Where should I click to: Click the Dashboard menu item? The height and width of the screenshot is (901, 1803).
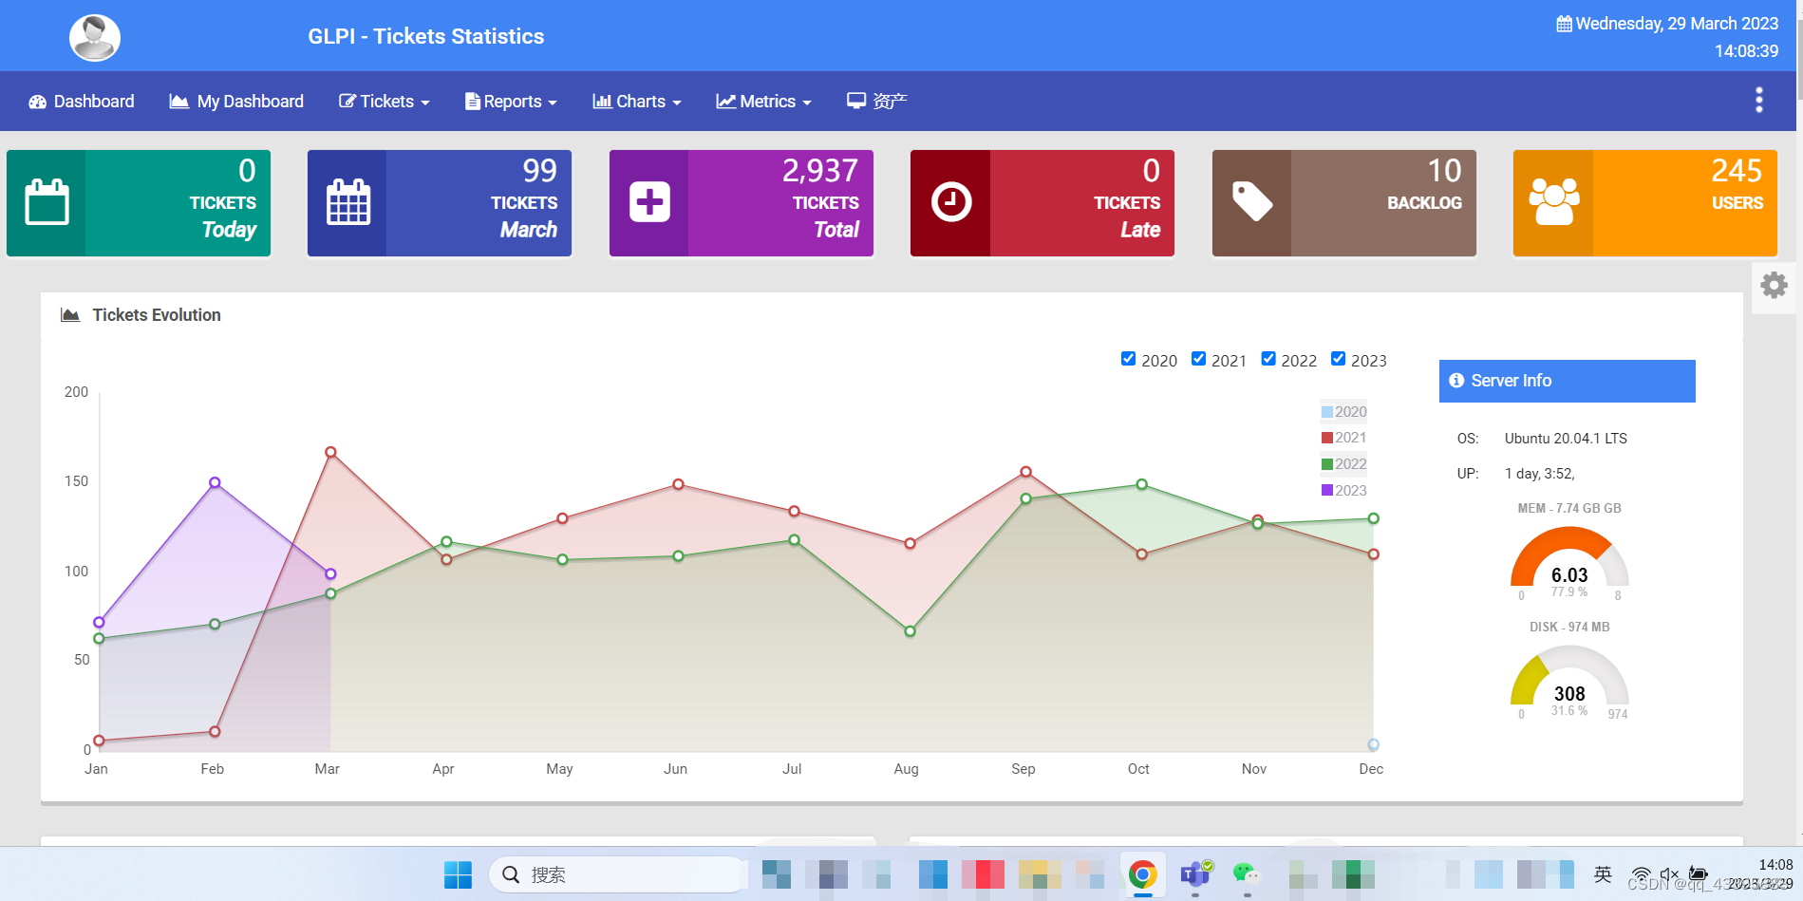tap(82, 102)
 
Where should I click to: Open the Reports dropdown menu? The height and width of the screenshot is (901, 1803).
tap(511, 102)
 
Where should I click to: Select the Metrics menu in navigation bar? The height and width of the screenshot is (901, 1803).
tap(763, 102)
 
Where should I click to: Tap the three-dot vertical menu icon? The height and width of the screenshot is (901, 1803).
tap(1758, 100)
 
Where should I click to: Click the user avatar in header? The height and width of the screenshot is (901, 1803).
tap(95, 38)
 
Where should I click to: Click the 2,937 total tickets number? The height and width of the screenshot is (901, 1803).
tap(819, 171)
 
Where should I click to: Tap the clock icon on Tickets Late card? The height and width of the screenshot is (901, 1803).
tap(950, 202)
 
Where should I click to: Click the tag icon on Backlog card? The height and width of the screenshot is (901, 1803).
tap(1251, 202)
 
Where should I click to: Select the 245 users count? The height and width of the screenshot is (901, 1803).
tap(1736, 171)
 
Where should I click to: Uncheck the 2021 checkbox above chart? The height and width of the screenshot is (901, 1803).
tap(1198, 359)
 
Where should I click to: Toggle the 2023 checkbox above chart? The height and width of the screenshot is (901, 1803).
tap(1338, 359)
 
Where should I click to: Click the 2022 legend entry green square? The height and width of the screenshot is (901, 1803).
tap(1327, 464)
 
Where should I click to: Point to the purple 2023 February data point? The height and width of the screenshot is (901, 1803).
tap(215, 482)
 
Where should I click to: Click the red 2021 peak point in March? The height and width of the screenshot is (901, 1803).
tap(330, 452)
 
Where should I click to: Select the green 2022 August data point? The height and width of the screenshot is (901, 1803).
tap(910, 631)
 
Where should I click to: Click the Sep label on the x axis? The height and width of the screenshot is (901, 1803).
tap(1023, 769)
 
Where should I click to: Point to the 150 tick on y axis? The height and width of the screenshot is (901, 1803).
tap(76, 481)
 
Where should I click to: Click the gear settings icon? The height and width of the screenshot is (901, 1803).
tap(1774, 286)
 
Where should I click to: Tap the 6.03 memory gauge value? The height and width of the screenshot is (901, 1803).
tap(1568, 575)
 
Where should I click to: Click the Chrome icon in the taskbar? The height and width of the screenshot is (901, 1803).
tap(1142, 874)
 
